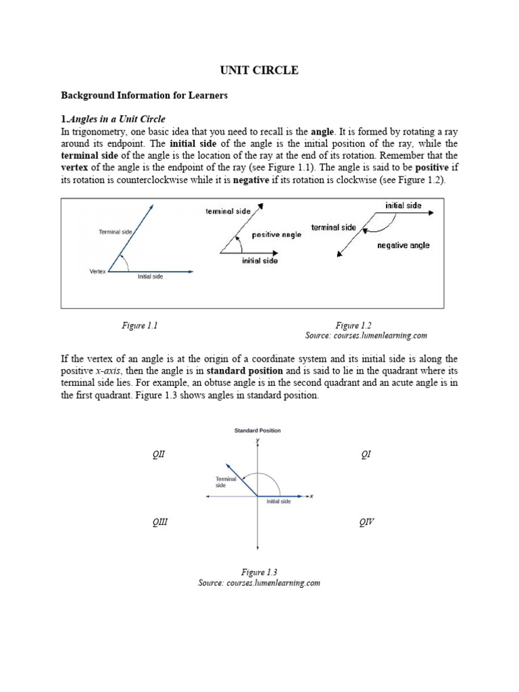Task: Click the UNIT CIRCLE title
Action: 259,70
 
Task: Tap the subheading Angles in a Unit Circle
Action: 116,120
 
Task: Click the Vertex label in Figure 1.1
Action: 97,272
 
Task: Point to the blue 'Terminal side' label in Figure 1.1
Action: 116,232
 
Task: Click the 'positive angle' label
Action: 276,235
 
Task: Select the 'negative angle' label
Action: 403,245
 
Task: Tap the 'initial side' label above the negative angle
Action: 403,205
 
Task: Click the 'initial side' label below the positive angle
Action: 259,260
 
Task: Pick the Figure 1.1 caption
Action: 139,325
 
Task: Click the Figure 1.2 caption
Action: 353,325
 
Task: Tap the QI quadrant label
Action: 366,455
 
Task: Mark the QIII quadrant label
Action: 159,522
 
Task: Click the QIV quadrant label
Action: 367,522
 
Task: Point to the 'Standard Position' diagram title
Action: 257,430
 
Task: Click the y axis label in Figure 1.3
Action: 257,440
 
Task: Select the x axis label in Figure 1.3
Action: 312,497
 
